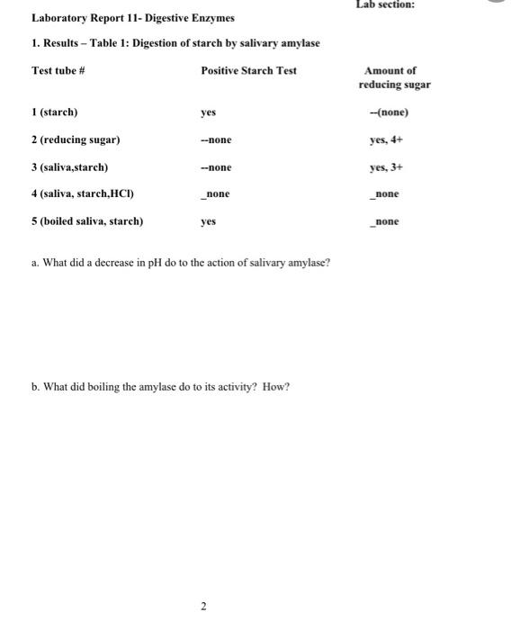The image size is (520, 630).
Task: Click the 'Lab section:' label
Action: tap(385, 5)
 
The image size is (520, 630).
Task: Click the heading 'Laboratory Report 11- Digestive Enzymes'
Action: tap(132, 18)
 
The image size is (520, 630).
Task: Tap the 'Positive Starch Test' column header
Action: tap(248, 70)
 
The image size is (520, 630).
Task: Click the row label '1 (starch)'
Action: tap(54, 112)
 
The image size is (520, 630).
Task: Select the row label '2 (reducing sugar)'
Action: tap(76, 139)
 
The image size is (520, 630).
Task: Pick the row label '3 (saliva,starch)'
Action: tap(69, 166)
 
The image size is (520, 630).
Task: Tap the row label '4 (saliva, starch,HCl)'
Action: tap(83, 193)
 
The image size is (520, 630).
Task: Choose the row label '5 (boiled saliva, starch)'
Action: tap(87, 220)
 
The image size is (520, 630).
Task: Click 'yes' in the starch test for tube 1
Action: tap(208, 112)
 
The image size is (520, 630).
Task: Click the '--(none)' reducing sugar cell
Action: tap(389, 112)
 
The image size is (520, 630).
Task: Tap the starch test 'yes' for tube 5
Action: tap(208, 220)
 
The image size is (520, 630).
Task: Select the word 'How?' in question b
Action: tap(276, 387)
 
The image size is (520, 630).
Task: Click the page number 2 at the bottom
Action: tap(203, 607)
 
